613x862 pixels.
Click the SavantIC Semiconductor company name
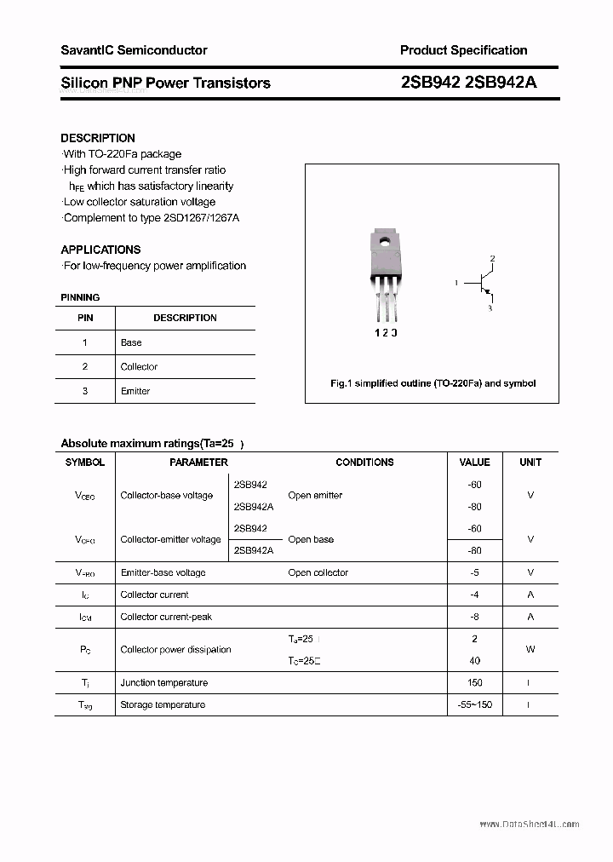tap(134, 50)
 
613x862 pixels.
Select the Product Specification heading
tap(463, 50)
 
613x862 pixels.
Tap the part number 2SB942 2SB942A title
tap(467, 83)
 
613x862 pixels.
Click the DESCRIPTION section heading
tap(98, 138)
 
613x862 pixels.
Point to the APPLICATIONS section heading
tap(100, 250)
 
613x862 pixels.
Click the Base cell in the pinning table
tap(131, 342)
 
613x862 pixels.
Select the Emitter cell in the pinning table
tap(135, 391)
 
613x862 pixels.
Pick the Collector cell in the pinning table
tap(139, 367)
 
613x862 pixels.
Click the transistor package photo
tap(385, 273)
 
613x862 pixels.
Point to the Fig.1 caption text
tap(433, 383)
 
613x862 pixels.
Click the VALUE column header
tap(474, 463)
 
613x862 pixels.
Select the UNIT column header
tap(530, 463)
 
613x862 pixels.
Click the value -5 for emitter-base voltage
tap(474, 573)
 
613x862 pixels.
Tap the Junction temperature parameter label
tap(163, 683)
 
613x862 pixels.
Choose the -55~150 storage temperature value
tap(474, 705)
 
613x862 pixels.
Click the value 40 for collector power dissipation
tap(474, 661)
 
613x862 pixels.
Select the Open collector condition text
tap(318, 573)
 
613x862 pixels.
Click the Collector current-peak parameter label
tap(166, 617)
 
